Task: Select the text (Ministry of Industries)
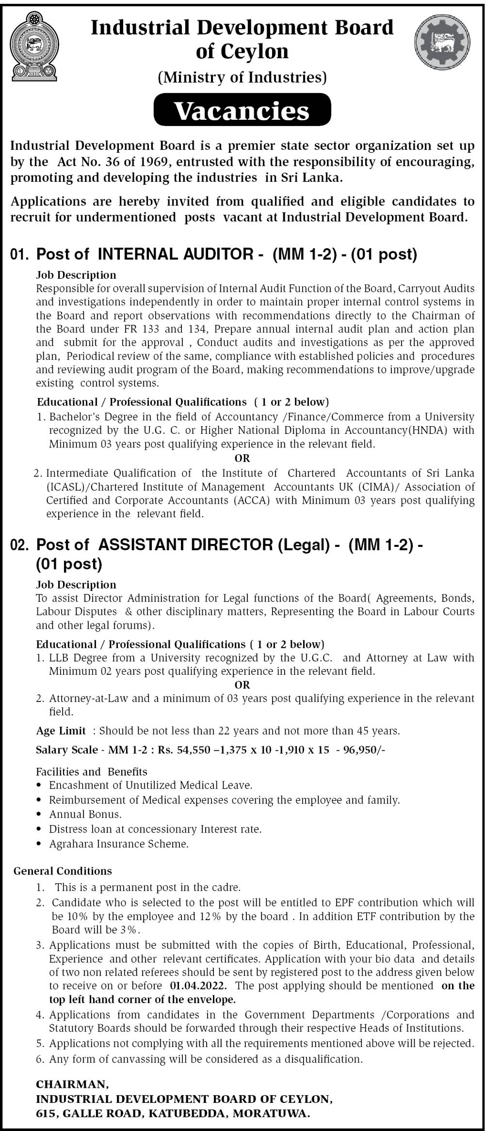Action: point(242,77)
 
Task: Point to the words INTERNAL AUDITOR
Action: point(176,254)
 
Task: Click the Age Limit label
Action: point(61,731)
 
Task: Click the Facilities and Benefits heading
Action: point(92,772)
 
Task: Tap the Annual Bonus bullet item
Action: point(85,814)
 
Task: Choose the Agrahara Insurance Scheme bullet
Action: point(119,844)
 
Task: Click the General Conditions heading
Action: point(63,871)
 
